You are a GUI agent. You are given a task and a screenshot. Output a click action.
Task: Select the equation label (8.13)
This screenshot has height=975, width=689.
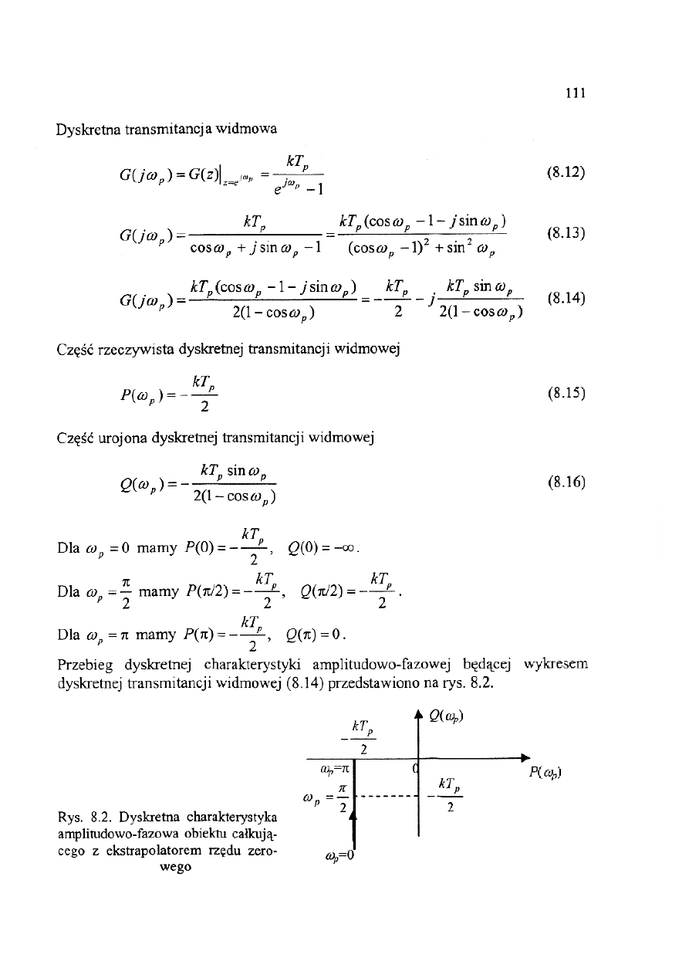(566, 232)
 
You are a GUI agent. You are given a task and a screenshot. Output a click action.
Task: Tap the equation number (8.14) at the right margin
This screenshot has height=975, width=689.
(566, 296)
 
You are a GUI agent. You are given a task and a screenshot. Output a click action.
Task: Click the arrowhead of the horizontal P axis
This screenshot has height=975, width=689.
(524, 757)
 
